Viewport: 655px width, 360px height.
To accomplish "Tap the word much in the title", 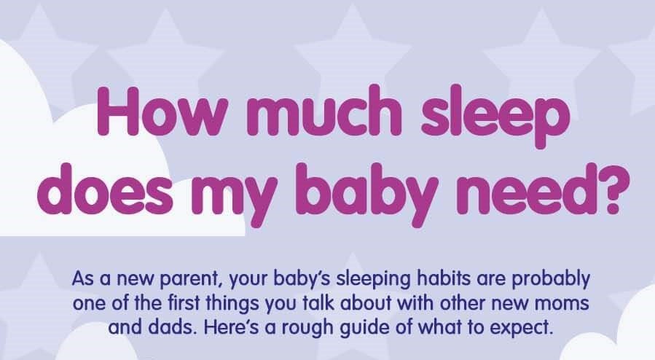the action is point(324,111).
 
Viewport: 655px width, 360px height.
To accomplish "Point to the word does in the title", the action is point(105,189).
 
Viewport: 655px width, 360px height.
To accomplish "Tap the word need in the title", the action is point(522,189).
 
